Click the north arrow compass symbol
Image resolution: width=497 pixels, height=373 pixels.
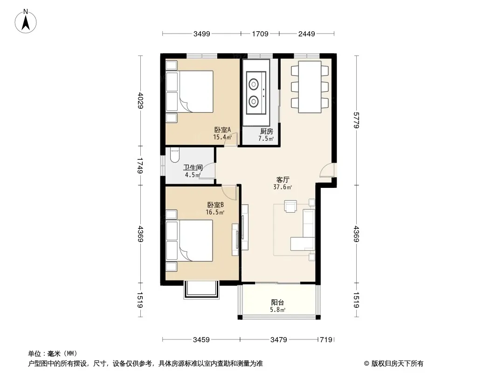click(26, 21)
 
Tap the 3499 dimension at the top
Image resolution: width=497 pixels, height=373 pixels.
click(201, 34)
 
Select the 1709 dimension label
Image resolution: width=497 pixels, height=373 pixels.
click(260, 34)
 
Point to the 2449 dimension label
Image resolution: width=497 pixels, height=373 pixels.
click(306, 34)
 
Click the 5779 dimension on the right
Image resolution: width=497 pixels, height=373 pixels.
click(356, 120)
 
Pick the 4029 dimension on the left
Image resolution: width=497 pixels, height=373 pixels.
click(141, 100)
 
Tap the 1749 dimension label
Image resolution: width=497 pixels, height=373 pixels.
click(141, 166)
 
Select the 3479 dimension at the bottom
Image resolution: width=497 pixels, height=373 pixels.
click(279, 340)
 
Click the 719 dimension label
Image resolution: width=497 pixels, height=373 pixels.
click(326, 340)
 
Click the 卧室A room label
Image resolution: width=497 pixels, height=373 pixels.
click(222, 130)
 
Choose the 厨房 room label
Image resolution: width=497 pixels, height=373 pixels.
click(266, 131)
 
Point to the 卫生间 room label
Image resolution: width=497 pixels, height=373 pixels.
click(193, 168)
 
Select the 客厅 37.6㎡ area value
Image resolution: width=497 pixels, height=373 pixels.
click(283, 187)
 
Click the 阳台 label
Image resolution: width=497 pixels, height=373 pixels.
click(277, 302)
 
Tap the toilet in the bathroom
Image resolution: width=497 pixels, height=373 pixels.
click(175, 155)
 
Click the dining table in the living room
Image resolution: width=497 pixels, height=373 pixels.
click(310, 87)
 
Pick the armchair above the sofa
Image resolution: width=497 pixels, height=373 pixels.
click(290, 206)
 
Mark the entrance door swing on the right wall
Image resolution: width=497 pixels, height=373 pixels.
click(327, 170)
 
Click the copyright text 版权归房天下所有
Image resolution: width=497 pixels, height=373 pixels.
click(397, 364)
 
